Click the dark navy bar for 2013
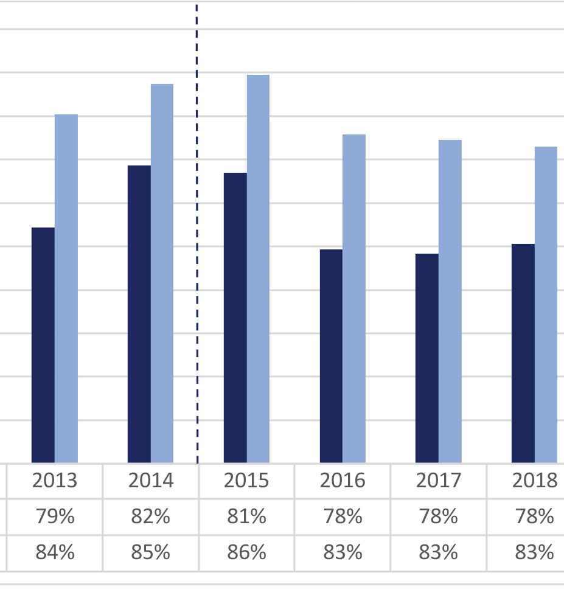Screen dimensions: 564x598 [43, 345]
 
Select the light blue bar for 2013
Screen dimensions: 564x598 [66, 289]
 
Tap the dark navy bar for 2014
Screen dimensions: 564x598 [139, 315]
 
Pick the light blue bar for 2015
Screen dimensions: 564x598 [258, 269]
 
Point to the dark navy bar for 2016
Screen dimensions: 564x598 [331, 356]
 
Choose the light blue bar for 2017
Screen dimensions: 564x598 [450, 301]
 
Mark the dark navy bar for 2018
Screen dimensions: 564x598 [523, 353]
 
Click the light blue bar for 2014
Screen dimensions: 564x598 [162, 273]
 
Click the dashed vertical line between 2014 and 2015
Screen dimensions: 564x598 [197, 234]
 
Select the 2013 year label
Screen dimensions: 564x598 [55, 481]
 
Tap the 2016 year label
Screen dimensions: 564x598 [343, 481]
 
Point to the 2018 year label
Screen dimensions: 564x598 [535, 481]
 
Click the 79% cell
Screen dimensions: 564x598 [55, 516]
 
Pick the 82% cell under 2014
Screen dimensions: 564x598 [151, 516]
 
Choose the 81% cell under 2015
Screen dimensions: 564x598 [247, 516]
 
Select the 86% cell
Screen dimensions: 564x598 [247, 552]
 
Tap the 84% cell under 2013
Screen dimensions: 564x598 [55, 552]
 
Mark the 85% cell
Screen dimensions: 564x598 [151, 552]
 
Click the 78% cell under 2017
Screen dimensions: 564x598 [439, 516]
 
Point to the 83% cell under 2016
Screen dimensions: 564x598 [343, 552]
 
